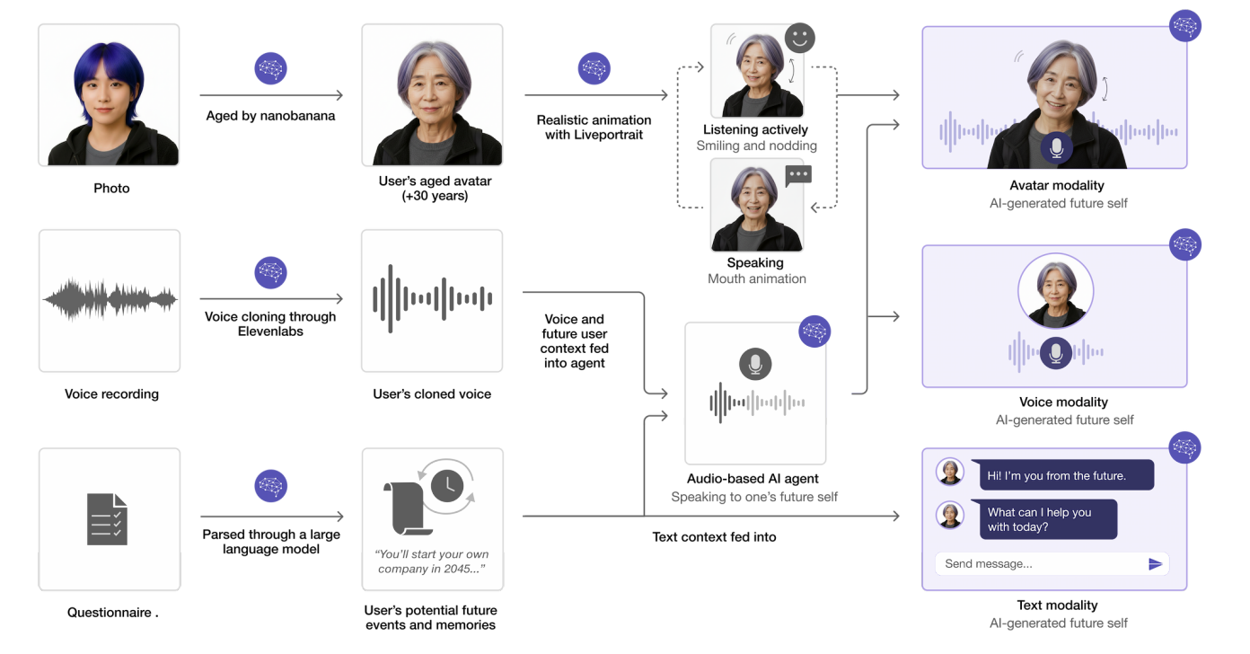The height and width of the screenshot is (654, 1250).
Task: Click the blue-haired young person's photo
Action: tap(109, 95)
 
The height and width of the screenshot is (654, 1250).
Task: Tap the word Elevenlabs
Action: tap(270, 331)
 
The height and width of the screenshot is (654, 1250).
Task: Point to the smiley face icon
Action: tap(799, 38)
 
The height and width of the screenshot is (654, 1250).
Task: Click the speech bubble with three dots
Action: tap(797, 174)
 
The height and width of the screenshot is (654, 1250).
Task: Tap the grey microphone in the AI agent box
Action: tap(754, 364)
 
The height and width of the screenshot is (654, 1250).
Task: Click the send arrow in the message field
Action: tap(1155, 564)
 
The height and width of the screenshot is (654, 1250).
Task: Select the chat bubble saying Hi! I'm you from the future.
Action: tap(1066, 475)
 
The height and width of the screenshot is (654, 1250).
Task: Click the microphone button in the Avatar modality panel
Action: tap(1056, 148)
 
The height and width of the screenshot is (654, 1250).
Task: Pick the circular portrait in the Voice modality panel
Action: tap(1055, 292)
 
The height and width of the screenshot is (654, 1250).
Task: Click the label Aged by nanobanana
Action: tap(270, 116)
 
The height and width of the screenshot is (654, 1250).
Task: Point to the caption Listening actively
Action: tap(755, 130)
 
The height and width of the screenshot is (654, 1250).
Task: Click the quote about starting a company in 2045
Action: tap(432, 562)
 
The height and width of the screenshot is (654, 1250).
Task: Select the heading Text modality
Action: tap(1057, 605)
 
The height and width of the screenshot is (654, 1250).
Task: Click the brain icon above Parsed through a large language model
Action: tap(270, 486)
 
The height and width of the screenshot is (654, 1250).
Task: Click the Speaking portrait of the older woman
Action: tap(756, 206)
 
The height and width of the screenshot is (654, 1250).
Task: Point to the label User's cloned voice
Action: tap(432, 393)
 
